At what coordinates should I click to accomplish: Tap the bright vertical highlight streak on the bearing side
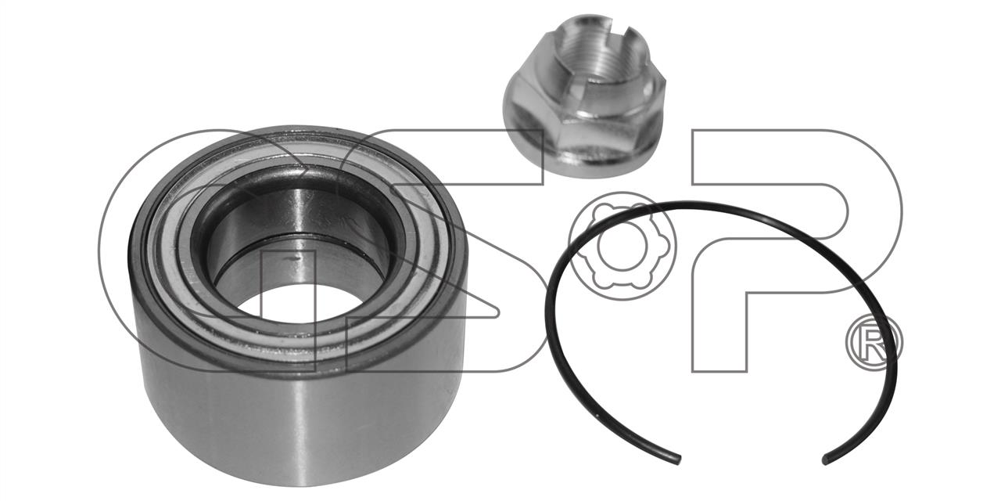(297, 430)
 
